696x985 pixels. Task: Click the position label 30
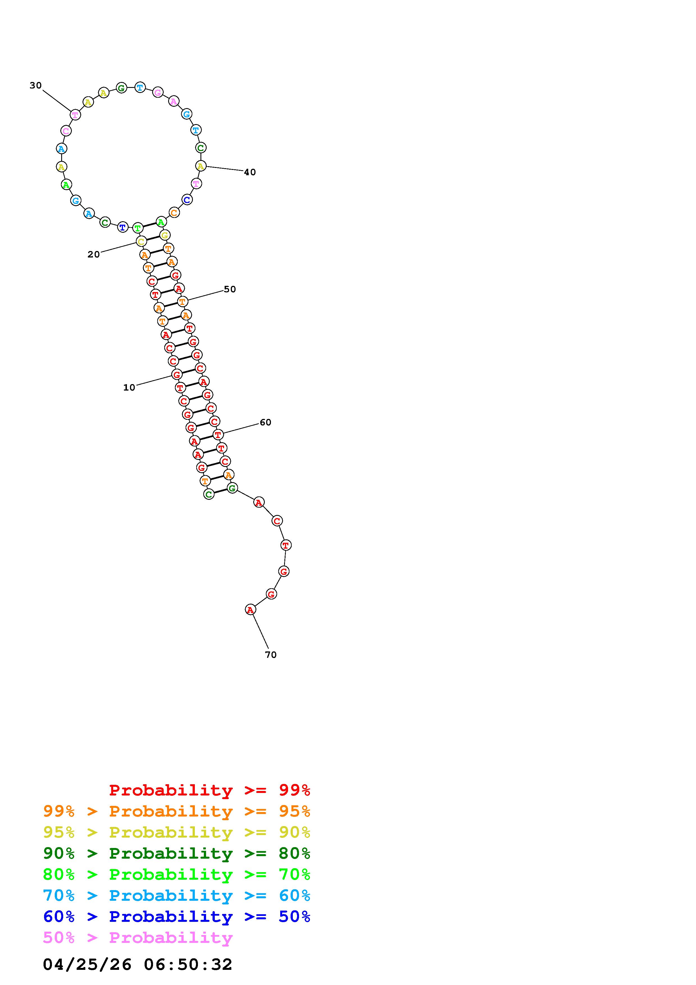[x=36, y=85]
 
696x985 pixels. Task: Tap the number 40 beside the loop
[x=250, y=172]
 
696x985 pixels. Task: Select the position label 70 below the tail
[x=271, y=655]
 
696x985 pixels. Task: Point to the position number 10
[x=129, y=387]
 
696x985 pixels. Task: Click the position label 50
[x=230, y=289]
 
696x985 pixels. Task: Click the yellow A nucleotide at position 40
[x=201, y=166]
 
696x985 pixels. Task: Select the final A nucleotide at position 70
[x=250, y=609]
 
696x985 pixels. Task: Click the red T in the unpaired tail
[x=286, y=545]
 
